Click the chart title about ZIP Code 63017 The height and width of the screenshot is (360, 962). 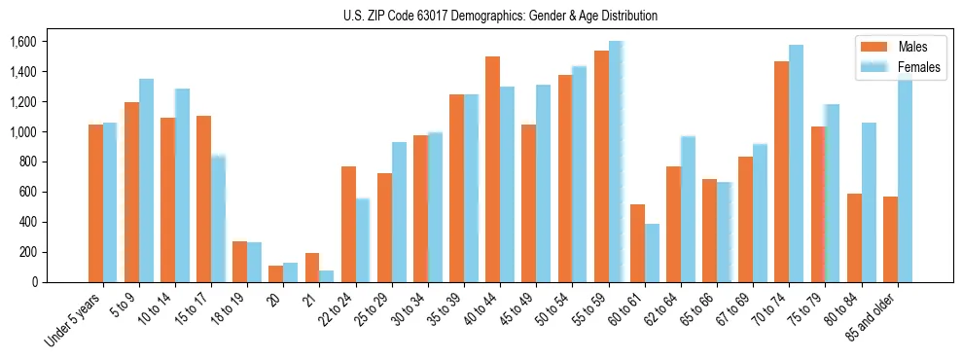point(500,16)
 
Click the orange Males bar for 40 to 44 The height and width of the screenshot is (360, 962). point(492,169)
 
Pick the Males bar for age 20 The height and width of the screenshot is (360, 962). point(275,273)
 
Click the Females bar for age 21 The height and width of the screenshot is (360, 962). point(327,276)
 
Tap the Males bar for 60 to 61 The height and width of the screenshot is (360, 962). point(637,243)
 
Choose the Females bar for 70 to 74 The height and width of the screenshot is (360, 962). point(797,163)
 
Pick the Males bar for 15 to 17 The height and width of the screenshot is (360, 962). point(203,199)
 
